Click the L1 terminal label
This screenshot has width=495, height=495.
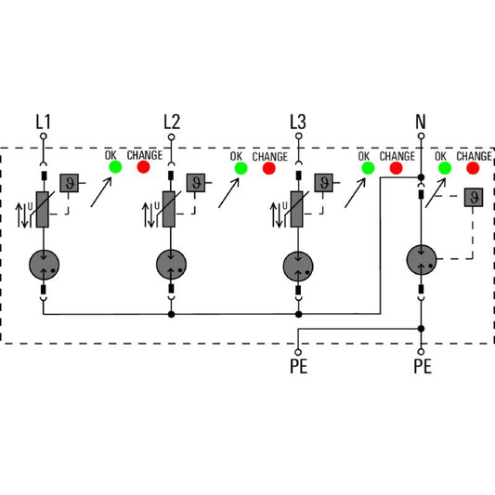point(43,122)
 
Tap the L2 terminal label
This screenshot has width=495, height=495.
point(172,122)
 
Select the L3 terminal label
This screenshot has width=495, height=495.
point(298,122)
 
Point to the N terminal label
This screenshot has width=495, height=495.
point(421,122)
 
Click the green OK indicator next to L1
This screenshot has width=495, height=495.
point(115,166)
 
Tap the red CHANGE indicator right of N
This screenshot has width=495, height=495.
point(473,168)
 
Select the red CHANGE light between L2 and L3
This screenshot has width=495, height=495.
point(269,168)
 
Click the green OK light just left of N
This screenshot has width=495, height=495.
point(368,168)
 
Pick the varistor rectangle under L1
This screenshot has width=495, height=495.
point(43,209)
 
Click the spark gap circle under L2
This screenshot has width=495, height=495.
point(171,265)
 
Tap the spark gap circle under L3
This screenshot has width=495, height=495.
point(298,266)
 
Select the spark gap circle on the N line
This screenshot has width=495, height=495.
point(422,259)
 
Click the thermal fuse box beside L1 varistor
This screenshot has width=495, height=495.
point(69,183)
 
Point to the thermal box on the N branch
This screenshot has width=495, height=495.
point(474,197)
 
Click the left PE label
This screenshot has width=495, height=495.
point(299,367)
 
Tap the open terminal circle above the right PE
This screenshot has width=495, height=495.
point(421,352)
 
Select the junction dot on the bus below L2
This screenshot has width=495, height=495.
point(171,314)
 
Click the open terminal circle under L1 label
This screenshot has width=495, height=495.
point(44,137)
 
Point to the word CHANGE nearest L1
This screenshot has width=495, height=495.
point(145,155)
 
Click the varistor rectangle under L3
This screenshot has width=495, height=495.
point(297,209)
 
